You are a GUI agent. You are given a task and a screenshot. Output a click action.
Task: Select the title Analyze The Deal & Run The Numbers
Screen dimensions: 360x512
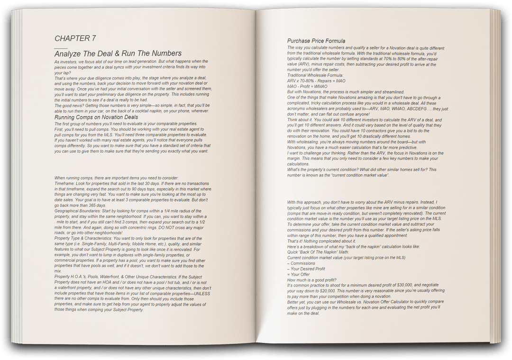118,54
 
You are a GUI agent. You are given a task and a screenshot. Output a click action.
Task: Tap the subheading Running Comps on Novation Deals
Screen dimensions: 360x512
96,117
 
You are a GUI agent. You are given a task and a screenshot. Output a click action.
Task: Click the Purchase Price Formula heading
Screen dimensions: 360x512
316,41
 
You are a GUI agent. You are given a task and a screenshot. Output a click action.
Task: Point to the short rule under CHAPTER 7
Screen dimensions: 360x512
61,47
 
